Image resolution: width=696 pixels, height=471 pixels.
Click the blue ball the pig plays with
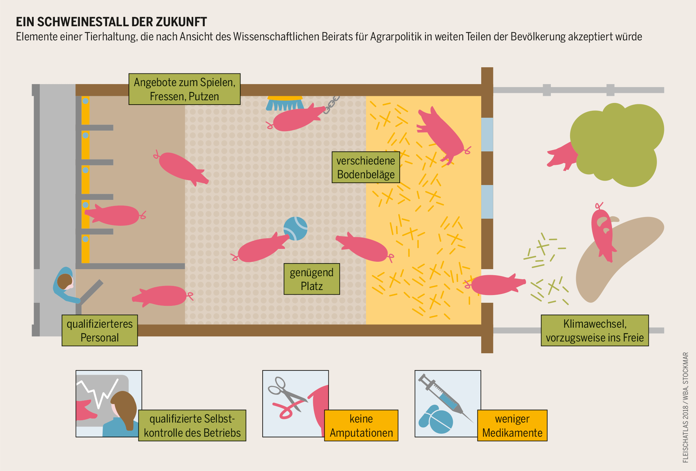tap(295, 228)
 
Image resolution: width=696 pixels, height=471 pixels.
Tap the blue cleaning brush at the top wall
tap(285, 104)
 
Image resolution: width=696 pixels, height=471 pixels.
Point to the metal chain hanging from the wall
tap(331, 105)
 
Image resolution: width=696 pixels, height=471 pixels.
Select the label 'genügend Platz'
tap(311, 279)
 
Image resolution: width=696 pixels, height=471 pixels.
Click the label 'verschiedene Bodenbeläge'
tap(366, 167)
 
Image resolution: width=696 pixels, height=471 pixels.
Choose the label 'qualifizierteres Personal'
tap(100, 330)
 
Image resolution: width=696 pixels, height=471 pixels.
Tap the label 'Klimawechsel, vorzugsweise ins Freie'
tap(595, 330)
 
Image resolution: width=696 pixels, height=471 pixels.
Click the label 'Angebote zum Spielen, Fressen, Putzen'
tap(185, 89)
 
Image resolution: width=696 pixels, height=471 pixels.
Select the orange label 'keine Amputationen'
tap(361, 426)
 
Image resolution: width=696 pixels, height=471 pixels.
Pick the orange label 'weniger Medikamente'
tap(512, 426)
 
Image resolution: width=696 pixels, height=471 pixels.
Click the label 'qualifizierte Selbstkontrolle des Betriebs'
tap(192, 426)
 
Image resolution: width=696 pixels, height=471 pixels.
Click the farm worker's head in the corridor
tap(65, 281)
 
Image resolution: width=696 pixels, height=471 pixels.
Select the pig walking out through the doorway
tap(495, 285)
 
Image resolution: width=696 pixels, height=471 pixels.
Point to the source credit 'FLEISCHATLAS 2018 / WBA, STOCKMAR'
tap(685, 407)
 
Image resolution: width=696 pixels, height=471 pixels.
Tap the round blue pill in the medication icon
tap(441, 421)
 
